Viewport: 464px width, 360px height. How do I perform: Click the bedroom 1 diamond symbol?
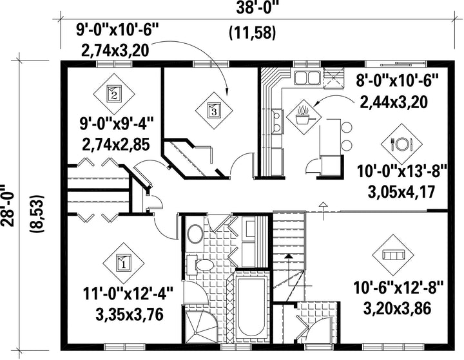123,263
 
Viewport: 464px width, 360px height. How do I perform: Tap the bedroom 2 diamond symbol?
114,94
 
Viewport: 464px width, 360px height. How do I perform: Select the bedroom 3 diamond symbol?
214,111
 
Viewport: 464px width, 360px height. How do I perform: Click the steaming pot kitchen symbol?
304,117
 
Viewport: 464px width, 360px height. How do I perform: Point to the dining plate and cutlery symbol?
401,144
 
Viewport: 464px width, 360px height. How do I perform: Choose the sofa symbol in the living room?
393,255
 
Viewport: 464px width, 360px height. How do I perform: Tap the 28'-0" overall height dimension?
8,205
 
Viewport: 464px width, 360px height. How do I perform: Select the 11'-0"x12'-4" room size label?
128,294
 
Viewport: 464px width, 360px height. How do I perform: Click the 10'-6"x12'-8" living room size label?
398,288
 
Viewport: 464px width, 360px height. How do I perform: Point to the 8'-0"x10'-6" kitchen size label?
397,81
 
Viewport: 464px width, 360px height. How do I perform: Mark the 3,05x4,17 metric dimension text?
401,192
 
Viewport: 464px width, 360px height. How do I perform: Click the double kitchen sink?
307,78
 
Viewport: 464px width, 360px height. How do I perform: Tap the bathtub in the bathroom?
251,308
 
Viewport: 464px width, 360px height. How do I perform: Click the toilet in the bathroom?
201,265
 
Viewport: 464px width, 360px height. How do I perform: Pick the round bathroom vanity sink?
195,233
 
